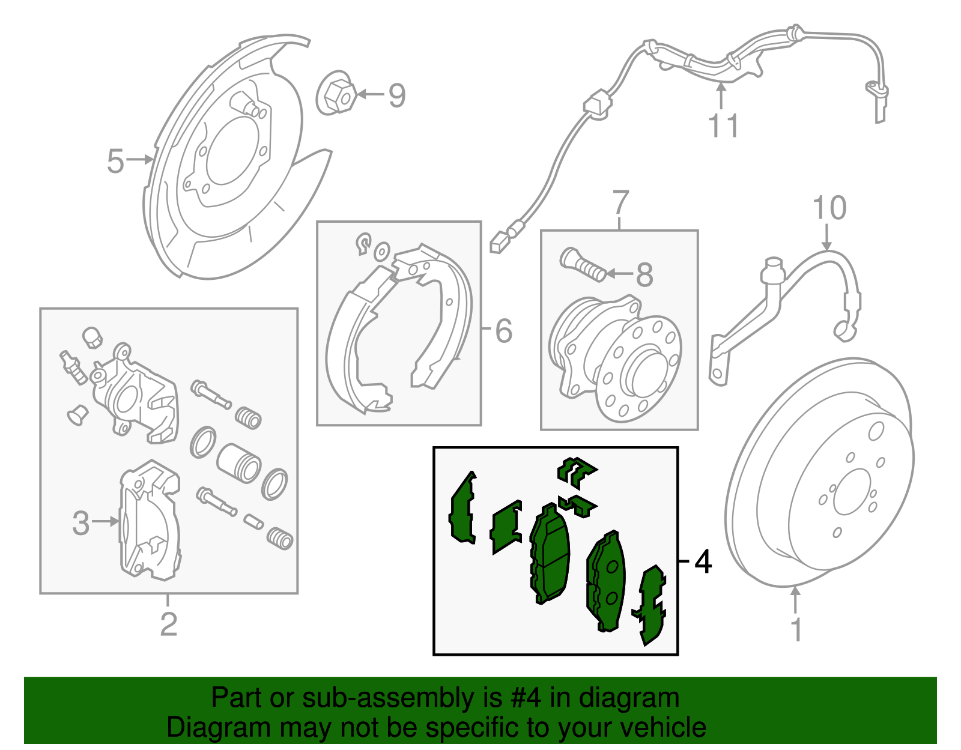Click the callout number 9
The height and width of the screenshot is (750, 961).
pyautogui.click(x=397, y=95)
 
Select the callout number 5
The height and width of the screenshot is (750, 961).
pyautogui.click(x=115, y=161)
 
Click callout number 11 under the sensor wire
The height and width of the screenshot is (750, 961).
pyautogui.click(x=723, y=126)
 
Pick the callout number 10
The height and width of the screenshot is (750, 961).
pyautogui.click(x=829, y=208)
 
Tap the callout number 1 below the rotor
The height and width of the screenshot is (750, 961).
pyautogui.click(x=796, y=629)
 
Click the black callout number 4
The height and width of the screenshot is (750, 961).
pyautogui.click(x=703, y=562)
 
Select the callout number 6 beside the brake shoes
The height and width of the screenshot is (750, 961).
pyautogui.click(x=504, y=330)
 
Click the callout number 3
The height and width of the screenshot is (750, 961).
pyautogui.click(x=80, y=522)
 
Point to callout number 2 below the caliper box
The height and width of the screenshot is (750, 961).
pyautogui.click(x=169, y=624)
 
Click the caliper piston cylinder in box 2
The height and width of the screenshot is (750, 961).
pyautogui.click(x=238, y=463)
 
